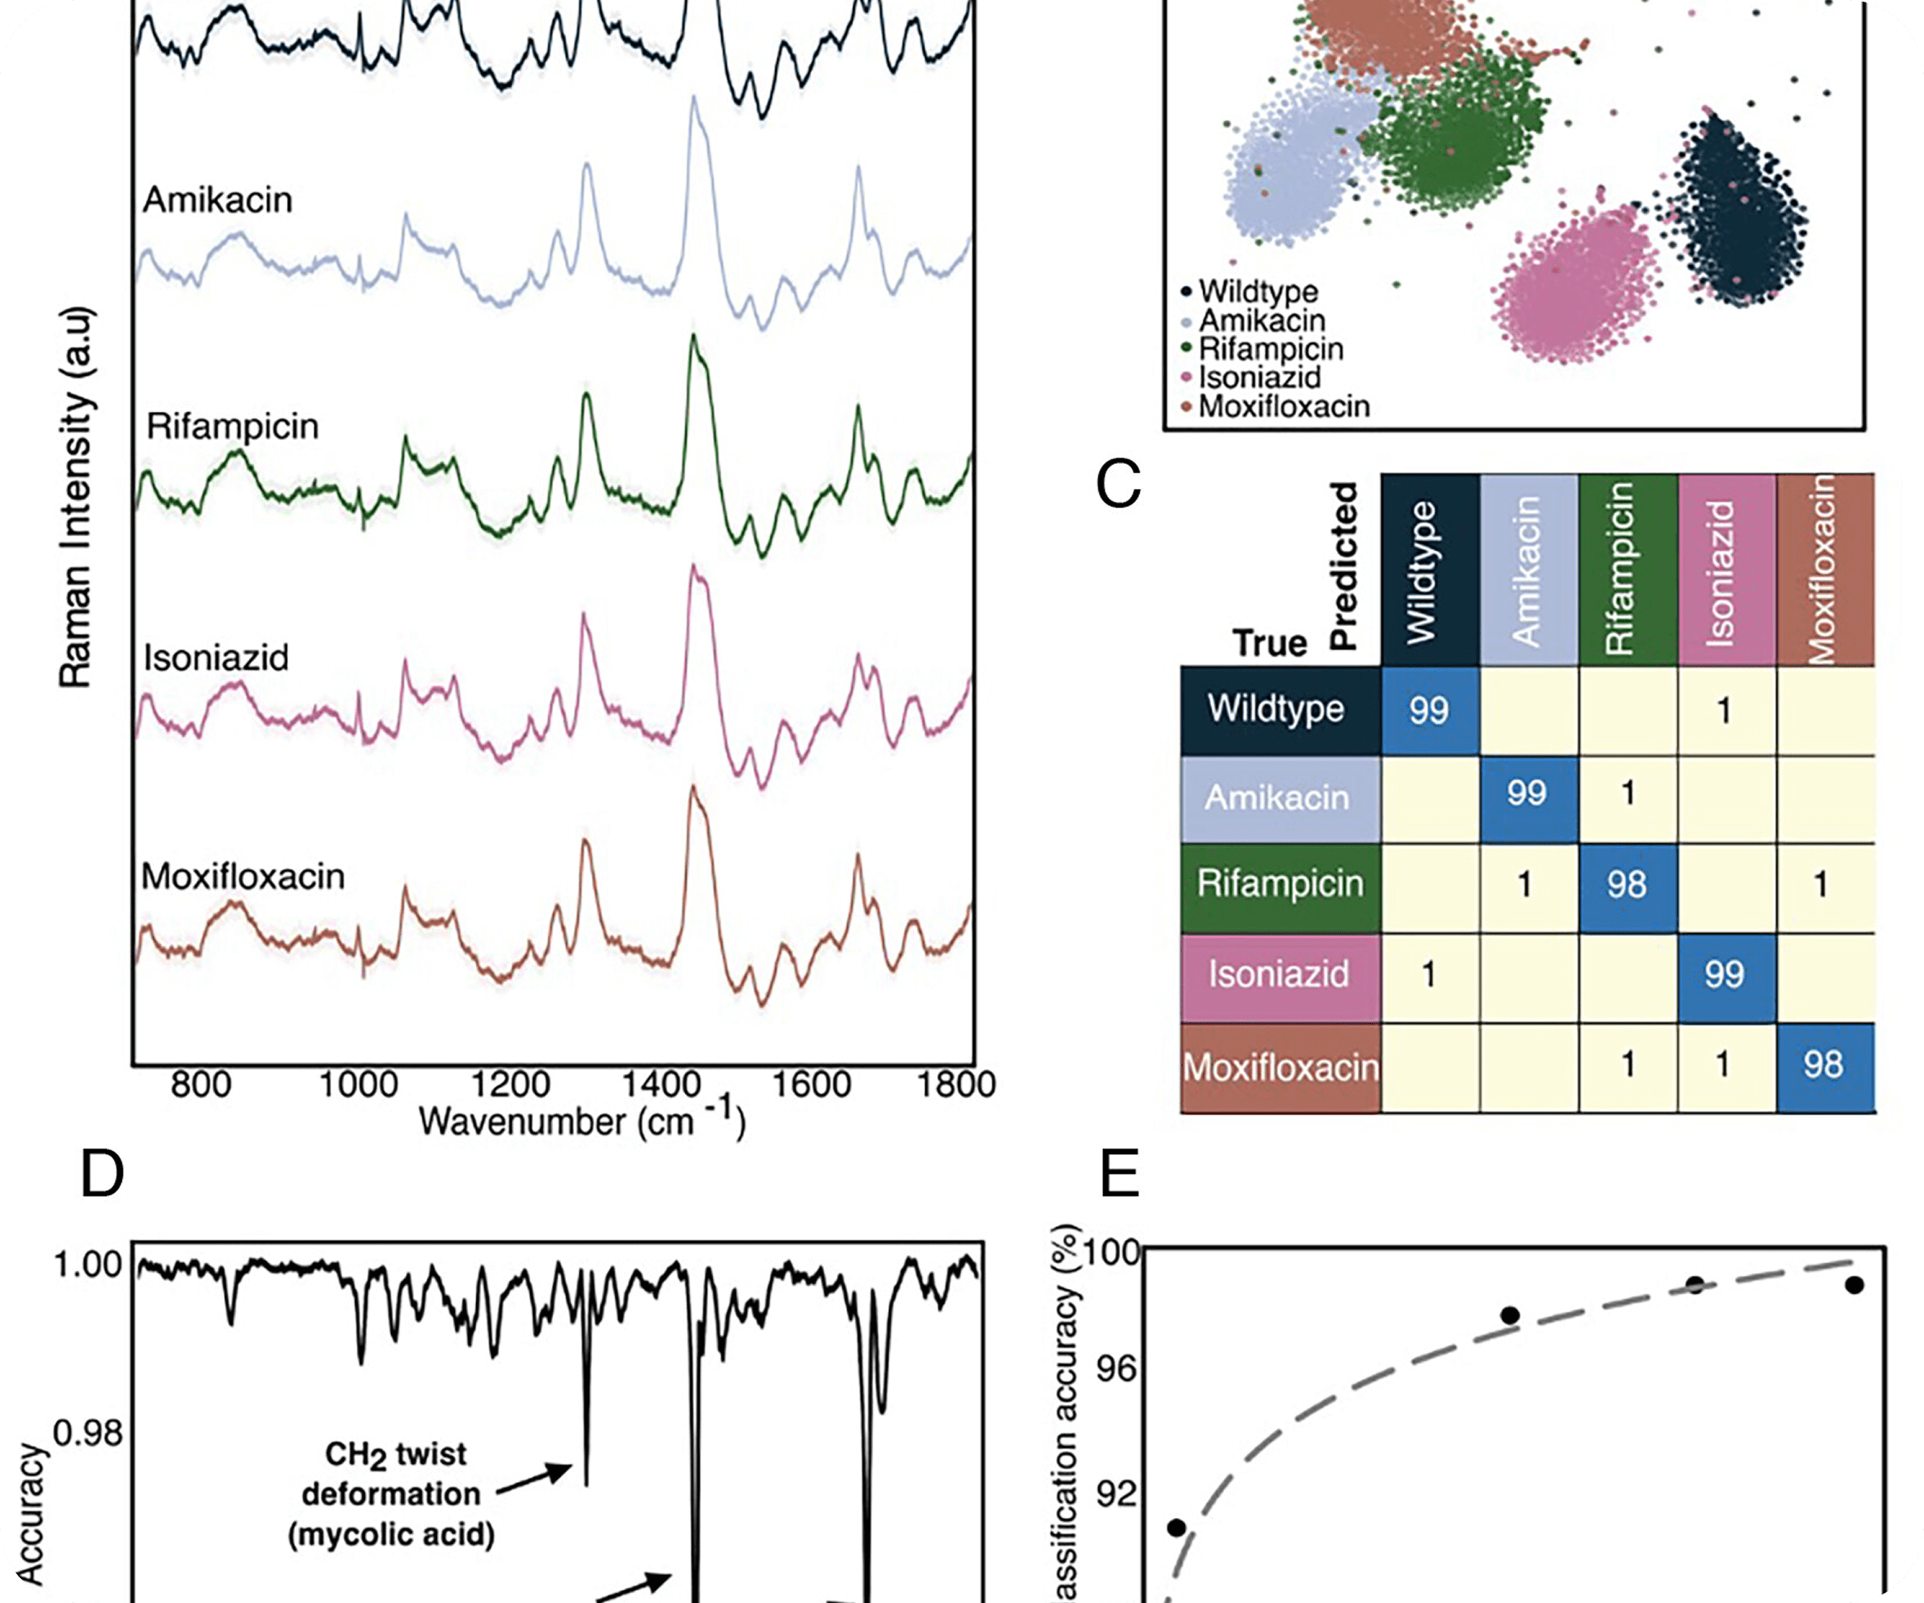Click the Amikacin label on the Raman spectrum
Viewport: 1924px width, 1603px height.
218,200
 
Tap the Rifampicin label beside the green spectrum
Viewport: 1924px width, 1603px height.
232,426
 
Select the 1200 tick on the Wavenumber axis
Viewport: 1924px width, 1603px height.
509,1084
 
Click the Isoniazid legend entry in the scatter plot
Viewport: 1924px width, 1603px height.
1259,378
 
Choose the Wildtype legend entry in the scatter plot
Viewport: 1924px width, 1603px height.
1258,291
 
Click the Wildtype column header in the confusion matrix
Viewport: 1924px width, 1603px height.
1429,570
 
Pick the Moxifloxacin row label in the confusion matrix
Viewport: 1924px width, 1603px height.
1280,1067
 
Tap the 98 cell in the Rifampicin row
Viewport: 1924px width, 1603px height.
1627,885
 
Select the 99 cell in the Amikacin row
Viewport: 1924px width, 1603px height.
1527,793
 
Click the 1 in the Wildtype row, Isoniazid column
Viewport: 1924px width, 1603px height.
1724,711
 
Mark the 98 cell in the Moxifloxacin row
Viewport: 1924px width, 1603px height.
1823,1064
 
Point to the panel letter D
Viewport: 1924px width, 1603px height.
102,1173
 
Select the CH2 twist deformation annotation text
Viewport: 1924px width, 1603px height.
392,1493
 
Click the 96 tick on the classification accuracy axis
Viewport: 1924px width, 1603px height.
1116,1371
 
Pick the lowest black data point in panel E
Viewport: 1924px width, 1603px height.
1176,1528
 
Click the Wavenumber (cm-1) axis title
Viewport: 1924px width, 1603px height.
583,1121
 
